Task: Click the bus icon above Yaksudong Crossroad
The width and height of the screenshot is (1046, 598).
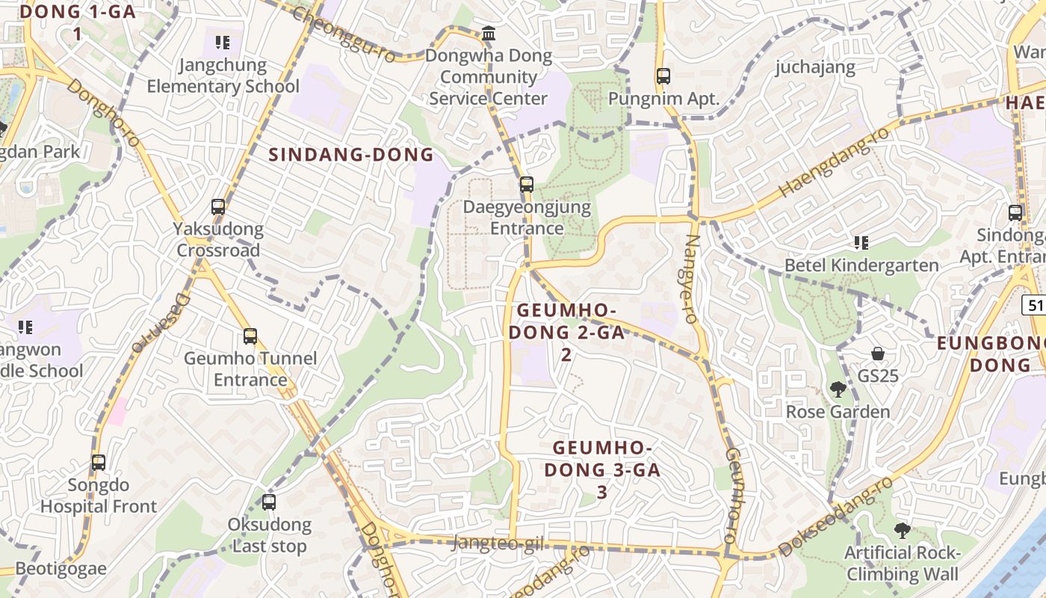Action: [x=218, y=207]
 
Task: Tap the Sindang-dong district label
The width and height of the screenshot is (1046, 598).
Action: [x=350, y=155]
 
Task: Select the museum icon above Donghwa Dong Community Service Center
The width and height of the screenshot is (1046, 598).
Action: [x=489, y=33]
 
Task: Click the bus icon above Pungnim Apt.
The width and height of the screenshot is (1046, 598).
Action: [x=663, y=75]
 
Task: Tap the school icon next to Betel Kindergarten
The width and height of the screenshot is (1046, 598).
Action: [x=861, y=243]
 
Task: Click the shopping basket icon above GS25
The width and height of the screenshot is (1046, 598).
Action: [x=878, y=354]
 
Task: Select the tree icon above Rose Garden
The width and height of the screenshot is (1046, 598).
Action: [x=838, y=389]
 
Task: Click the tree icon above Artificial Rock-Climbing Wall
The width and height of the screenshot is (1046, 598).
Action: [x=902, y=531]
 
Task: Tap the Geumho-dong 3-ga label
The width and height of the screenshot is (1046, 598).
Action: [x=602, y=469]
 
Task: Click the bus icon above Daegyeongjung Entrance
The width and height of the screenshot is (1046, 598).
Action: [x=527, y=184]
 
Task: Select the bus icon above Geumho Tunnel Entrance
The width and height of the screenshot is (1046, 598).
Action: [x=250, y=336]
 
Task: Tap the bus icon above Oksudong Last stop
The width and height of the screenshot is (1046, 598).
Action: [x=269, y=502]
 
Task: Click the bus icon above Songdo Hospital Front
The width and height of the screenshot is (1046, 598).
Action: [x=99, y=463]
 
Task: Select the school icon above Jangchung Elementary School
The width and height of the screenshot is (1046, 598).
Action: [x=223, y=43]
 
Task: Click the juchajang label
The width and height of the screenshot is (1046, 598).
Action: [x=815, y=67]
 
